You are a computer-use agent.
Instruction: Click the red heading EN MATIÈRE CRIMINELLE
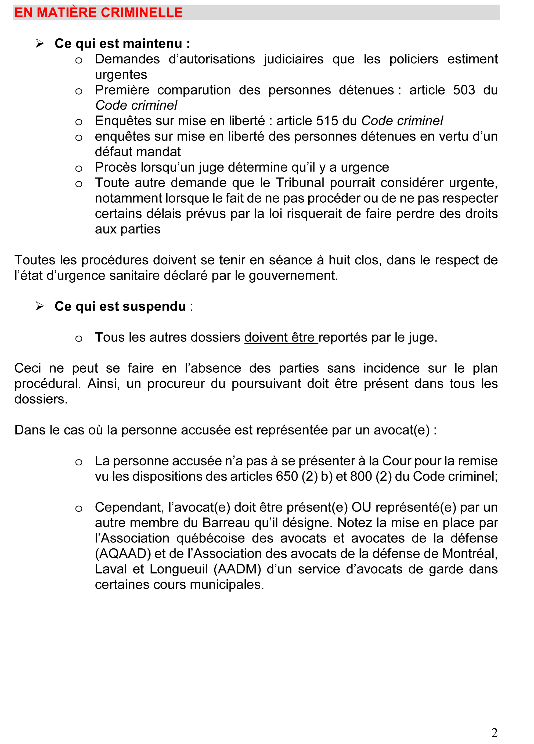click(x=98, y=12)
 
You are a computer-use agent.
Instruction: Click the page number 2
click(x=494, y=732)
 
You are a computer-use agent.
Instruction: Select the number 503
click(x=464, y=90)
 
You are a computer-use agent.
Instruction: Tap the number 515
click(x=327, y=121)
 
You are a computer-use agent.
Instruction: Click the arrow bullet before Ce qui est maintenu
click(x=40, y=43)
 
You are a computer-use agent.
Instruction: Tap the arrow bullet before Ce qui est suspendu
click(x=40, y=306)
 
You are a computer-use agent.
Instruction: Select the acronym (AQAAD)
click(x=123, y=554)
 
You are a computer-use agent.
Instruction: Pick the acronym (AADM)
click(x=237, y=569)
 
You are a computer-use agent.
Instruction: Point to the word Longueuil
click(x=178, y=569)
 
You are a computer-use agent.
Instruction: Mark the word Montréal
click(x=469, y=554)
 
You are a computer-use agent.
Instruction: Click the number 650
click(x=287, y=476)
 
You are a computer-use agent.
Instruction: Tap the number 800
click(x=361, y=476)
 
